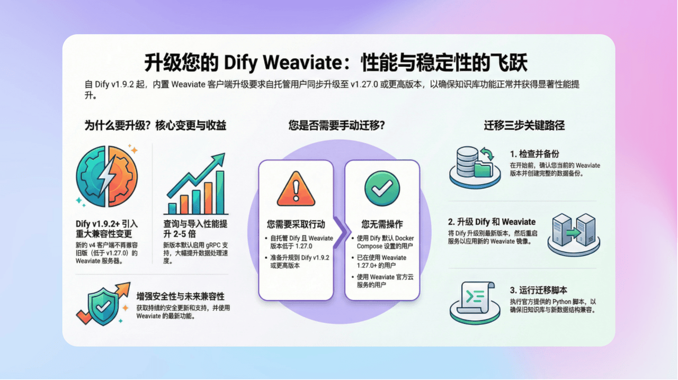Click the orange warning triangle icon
(296, 189)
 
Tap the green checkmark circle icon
(382, 188)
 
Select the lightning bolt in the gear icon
(107, 177)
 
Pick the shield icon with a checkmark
(103, 306)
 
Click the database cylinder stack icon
(467, 162)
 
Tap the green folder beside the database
(484, 169)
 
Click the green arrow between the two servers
(574, 233)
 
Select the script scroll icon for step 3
(475, 298)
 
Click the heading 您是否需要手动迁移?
(336, 125)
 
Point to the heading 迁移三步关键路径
(524, 125)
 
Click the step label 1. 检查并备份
(534, 154)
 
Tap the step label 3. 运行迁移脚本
(539, 290)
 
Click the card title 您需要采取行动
(296, 224)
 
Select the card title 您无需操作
(382, 224)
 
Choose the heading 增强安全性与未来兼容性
(180, 296)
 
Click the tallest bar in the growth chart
(220, 193)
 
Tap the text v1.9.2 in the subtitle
(122, 84)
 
